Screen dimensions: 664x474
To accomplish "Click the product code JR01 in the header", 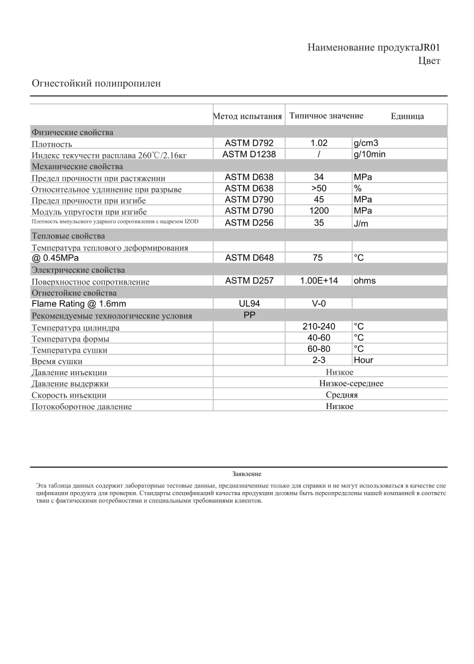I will click(430, 47).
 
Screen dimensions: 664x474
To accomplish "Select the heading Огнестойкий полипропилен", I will click(96, 84).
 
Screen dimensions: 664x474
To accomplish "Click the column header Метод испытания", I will click(247, 116).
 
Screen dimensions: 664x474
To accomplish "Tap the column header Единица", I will click(407, 116).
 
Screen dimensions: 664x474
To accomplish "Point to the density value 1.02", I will click(319, 143).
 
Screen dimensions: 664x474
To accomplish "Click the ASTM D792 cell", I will click(249, 143).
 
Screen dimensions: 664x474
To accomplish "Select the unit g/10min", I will click(370, 154).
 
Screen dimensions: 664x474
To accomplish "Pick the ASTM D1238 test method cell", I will click(249, 154).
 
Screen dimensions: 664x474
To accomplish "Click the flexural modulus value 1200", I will click(319, 210).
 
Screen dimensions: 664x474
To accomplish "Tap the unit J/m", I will click(361, 223).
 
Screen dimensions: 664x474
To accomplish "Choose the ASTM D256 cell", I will click(249, 223).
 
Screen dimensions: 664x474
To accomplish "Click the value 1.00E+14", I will click(319, 280).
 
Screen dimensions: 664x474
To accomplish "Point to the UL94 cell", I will click(249, 304).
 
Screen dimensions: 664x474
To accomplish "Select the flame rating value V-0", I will click(319, 304).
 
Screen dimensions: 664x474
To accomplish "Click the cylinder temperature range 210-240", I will click(319, 327).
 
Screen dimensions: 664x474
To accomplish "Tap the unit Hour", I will click(363, 360).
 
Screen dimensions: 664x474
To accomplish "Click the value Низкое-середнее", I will click(339, 384).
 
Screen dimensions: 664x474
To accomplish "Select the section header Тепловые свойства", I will click(68, 236).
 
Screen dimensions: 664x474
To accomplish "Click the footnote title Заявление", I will click(246, 474).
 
